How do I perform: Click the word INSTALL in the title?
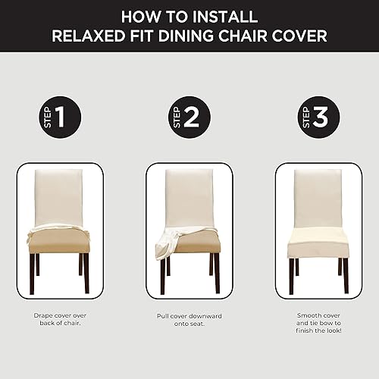[225, 17]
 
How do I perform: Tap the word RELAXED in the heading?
[89, 36]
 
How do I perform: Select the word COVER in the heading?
[299, 36]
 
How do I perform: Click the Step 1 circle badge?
[60, 117]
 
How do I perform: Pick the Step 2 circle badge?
[189, 117]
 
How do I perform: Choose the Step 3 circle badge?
[318, 117]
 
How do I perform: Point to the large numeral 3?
[321, 117]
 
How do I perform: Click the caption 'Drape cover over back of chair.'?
[60, 319]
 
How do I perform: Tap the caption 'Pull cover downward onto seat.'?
[189, 320]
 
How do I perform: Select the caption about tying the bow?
[318, 323]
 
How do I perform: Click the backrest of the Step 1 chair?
[58, 197]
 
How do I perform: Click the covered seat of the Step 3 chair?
[318, 243]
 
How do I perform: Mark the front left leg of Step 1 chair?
[32, 274]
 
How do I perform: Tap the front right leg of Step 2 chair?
[217, 274]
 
